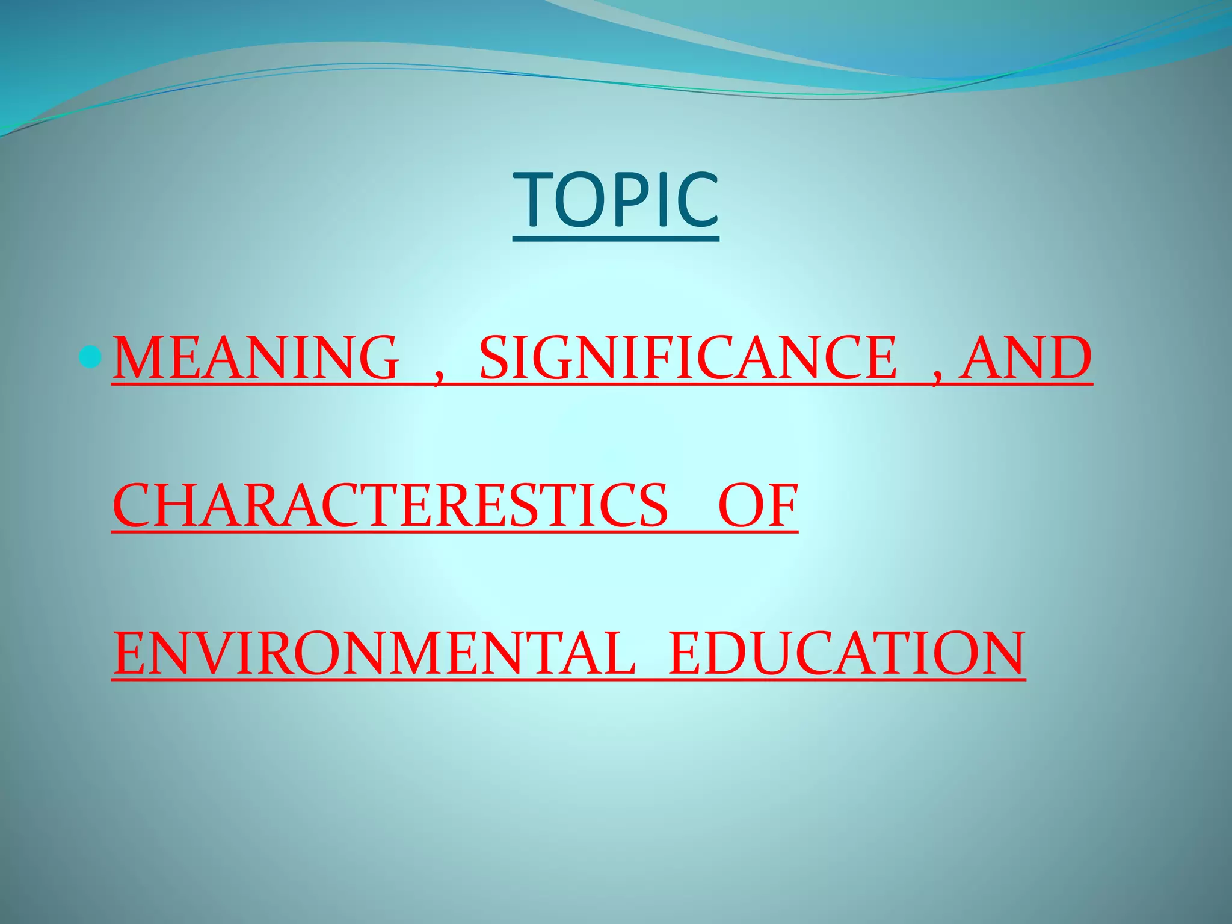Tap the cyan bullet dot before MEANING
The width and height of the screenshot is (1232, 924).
[91, 358]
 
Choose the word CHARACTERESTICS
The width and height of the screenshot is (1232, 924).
[390, 506]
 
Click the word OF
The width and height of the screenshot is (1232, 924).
[758, 506]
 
